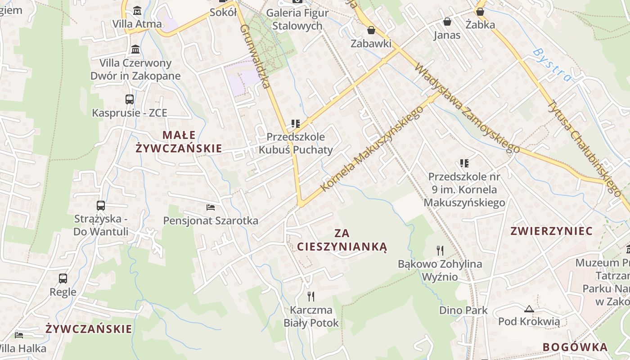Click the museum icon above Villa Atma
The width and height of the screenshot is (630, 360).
[x=137, y=10]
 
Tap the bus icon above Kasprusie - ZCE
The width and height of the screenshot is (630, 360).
[x=129, y=99]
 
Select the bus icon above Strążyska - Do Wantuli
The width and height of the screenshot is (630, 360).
[x=101, y=206]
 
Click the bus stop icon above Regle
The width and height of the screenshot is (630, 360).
[x=63, y=279]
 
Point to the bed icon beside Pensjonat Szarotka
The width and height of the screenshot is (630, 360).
[x=211, y=207]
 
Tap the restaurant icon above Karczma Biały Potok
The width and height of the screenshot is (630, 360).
[x=310, y=296]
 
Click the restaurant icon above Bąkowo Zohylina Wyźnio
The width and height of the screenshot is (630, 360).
[x=440, y=250]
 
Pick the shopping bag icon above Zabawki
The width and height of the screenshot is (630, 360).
[x=371, y=30]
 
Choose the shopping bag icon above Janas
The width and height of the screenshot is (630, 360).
[x=447, y=21]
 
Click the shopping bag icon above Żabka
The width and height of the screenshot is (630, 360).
[x=480, y=11]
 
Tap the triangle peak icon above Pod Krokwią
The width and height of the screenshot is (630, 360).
[x=529, y=309]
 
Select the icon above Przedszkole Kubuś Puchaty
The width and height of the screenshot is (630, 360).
[x=296, y=123]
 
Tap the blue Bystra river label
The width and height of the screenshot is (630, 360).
[x=552, y=65]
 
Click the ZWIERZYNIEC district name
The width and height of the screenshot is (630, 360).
[x=552, y=231]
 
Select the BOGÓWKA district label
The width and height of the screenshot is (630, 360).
[x=575, y=347]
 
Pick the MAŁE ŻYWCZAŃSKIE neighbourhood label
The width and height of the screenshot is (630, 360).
[x=179, y=141]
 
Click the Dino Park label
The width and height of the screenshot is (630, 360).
[x=463, y=310]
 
